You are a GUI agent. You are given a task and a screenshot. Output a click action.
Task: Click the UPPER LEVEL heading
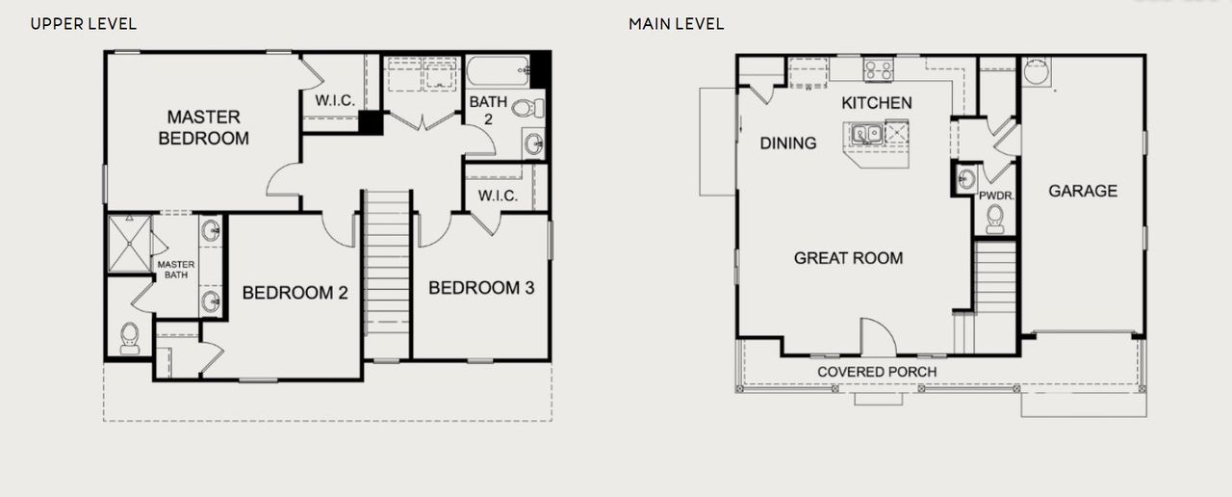tap(84, 23)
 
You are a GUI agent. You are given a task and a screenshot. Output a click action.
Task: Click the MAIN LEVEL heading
tap(677, 23)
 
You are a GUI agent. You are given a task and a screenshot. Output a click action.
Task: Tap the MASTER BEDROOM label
tap(203, 127)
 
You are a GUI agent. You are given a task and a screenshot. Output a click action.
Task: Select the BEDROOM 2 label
tap(295, 293)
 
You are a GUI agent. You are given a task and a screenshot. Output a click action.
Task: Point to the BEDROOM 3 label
tap(481, 288)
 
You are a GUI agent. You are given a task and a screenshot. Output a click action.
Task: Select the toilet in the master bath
tap(129, 337)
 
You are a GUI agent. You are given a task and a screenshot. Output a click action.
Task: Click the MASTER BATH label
tap(176, 270)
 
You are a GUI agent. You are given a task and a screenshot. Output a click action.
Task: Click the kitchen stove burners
tap(878, 69)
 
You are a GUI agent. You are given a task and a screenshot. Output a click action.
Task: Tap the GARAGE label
tap(1083, 191)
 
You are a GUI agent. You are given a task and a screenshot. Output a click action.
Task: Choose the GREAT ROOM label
tap(848, 258)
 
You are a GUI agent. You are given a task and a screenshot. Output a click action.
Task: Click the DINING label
tap(788, 144)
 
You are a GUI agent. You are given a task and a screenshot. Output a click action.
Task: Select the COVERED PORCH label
tap(877, 372)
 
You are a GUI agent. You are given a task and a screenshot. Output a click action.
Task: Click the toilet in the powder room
tap(995, 221)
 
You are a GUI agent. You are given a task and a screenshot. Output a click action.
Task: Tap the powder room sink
tap(966, 178)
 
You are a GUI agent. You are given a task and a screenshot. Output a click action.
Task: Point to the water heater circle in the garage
tap(1036, 72)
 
